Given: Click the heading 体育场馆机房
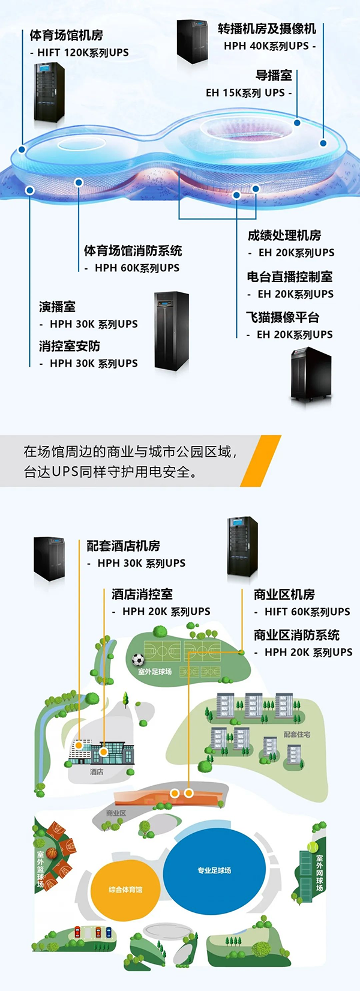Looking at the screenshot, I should point(67,35).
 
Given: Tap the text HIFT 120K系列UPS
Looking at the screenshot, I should point(82,53).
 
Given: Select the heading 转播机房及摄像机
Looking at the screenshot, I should point(267,29).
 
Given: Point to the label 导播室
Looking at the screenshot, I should point(274,76).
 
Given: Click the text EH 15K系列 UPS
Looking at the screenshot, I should point(245,93).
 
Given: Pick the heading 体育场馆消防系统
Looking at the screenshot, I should point(133,251).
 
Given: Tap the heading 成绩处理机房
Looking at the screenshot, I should point(284,235).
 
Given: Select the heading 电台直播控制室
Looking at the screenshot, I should point(290,277).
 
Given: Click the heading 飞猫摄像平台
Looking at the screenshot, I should point(283,318).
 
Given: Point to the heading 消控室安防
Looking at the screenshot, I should point(70,346).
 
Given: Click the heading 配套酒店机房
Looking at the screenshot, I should point(124,546).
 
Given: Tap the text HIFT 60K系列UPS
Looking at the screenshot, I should point(307,612).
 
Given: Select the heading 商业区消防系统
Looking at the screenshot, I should point(296,635).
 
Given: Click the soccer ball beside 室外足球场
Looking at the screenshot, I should point(138,660).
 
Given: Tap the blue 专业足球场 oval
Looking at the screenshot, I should point(214,870).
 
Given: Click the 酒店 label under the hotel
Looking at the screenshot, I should point(97,771).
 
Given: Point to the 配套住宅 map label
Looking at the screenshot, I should point(297,734).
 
